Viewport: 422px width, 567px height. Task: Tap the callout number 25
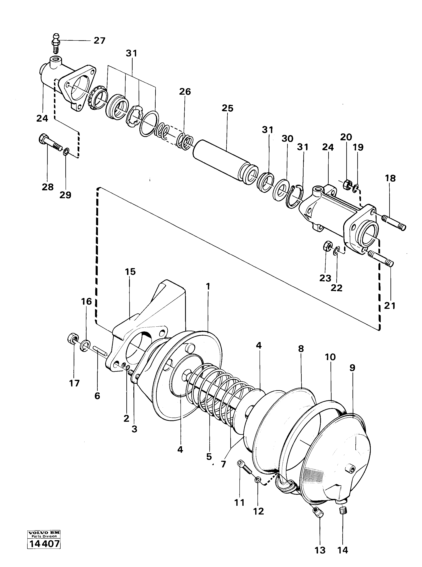tap(227, 108)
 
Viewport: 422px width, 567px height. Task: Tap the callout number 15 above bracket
tap(130, 272)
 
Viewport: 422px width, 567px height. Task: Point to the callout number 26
tap(185, 92)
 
